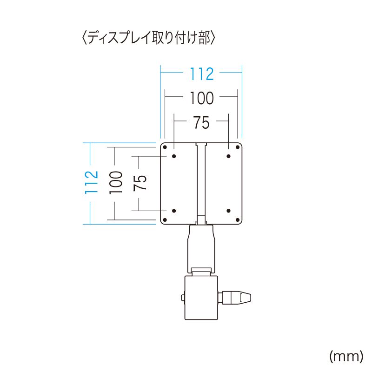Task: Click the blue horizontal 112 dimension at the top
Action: click(201, 73)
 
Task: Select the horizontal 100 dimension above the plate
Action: click(201, 98)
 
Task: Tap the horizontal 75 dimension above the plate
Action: click(201, 123)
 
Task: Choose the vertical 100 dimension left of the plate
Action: click(116, 182)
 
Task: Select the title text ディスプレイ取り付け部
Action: click(148, 38)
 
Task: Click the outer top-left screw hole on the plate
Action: click(165, 147)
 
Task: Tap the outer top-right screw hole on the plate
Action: click(237, 147)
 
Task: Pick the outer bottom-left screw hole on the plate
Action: click(165, 219)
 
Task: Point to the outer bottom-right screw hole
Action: click(237, 219)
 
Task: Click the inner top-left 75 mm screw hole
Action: click(174, 156)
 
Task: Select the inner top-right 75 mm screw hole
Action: click(228, 156)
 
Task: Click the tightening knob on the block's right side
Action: click(237, 297)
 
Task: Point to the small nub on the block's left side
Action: click(183, 297)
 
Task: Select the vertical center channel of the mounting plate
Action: click(201, 181)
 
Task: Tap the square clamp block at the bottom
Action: click(201, 298)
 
